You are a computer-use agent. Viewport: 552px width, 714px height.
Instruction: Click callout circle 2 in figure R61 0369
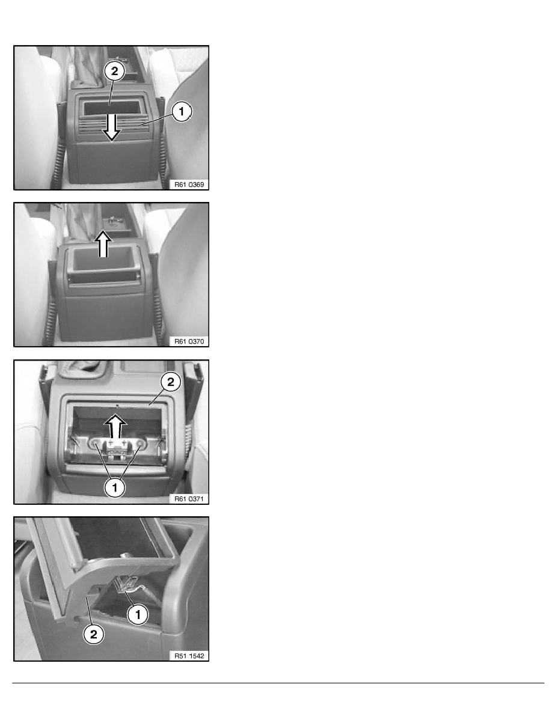[x=114, y=71]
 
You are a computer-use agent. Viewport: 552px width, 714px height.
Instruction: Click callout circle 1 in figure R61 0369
[x=181, y=112]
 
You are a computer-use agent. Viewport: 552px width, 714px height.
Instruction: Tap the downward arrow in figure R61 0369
[x=111, y=127]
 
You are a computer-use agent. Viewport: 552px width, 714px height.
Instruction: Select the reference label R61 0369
[x=189, y=185]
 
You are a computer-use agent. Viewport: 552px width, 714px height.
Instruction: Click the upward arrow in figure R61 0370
[x=103, y=243]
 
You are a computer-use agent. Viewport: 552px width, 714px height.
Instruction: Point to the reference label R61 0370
[x=189, y=341]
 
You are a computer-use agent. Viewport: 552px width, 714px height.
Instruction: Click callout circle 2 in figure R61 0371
[x=170, y=382]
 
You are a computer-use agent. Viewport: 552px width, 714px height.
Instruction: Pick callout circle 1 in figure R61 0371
[x=114, y=487]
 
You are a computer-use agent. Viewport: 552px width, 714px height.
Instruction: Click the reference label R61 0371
[x=189, y=499]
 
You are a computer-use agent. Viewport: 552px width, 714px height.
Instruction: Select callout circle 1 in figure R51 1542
[x=138, y=615]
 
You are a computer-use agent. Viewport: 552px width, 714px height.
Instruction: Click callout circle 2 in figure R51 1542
[x=93, y=634]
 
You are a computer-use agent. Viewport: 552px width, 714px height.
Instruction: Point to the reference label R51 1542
[x=189, y=656]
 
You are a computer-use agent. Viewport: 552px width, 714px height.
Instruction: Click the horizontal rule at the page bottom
[x=278, y=683]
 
